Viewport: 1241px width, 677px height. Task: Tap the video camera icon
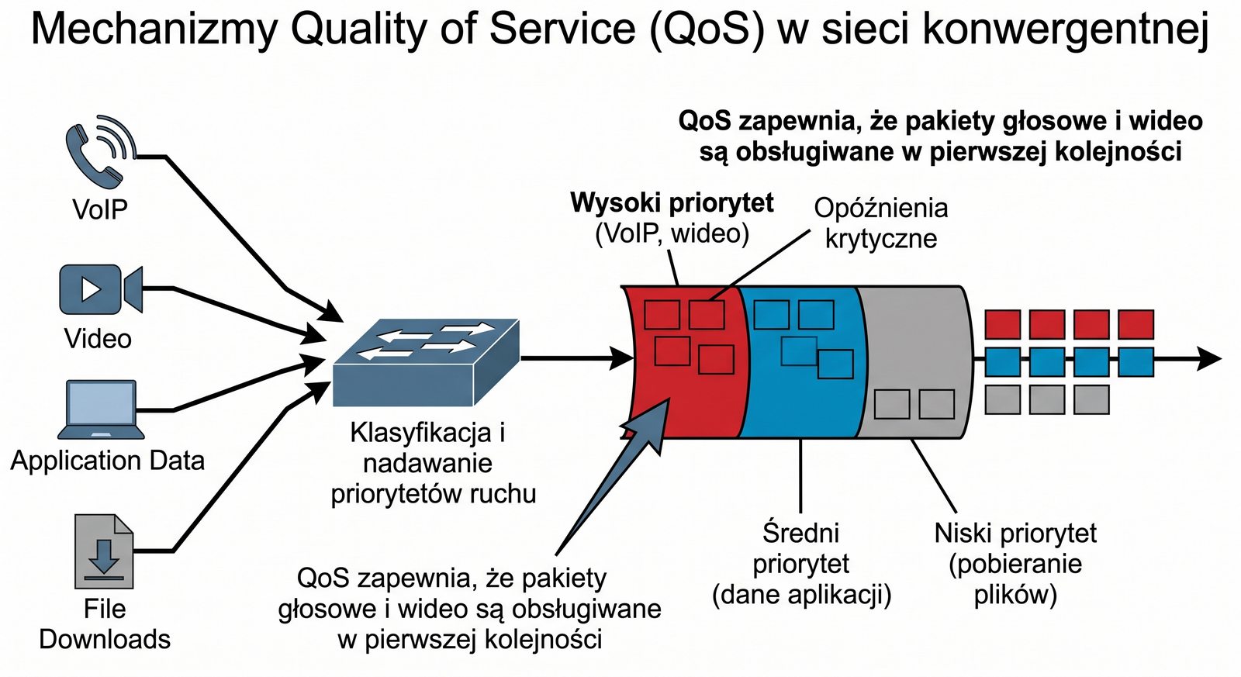tap(100, 288)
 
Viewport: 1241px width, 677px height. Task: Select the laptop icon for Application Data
tap(101, 409)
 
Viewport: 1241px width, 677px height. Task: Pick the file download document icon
tap(104, 551)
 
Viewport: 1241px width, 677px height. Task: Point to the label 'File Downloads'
tap(105, 623)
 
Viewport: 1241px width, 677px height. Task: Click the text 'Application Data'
tap(108, 461)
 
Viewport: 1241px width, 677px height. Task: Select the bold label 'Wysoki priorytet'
tap(672, 203)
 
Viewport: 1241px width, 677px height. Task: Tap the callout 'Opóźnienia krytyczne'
tap(881, 223)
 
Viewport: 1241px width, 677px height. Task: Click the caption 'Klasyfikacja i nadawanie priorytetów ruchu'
tap(433, 463)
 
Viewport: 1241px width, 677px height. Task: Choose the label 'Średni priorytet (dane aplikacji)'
tap(801, 564)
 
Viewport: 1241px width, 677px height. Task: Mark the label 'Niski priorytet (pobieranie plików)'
tap(1015, 564)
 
